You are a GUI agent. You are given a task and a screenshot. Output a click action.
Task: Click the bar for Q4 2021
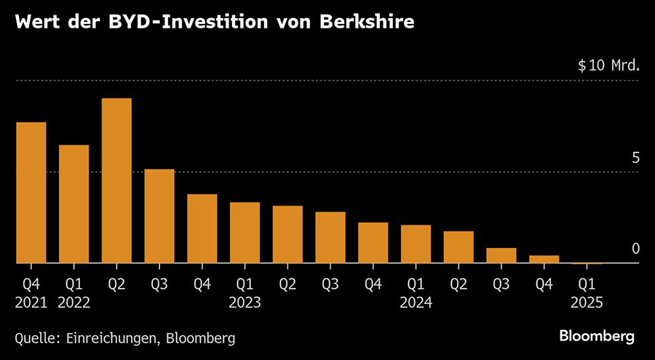point(31,193)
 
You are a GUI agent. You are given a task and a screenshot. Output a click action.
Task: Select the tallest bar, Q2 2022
point(116,180)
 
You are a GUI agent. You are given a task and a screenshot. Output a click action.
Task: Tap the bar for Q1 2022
point(74,204)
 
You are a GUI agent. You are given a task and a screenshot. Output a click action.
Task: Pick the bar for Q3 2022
point(159,216)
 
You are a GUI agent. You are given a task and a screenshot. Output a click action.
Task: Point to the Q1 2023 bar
point(245,233)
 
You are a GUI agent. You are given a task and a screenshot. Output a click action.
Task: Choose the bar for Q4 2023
point(373,243)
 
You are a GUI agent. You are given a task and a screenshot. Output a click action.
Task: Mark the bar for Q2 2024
point(458,247)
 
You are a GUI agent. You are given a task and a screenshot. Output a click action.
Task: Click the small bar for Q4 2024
point(544,259)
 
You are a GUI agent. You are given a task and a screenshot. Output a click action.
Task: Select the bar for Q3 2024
point(501,255)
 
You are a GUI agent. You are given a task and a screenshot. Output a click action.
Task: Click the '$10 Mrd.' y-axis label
point(608,65)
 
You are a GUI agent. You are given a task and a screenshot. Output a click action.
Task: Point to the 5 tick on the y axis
point(635,158)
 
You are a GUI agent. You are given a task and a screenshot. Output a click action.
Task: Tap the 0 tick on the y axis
point(635,249)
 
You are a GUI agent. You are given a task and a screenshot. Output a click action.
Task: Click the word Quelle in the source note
point(36,338)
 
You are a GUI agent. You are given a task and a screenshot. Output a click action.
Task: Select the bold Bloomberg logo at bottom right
point(597,336)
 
